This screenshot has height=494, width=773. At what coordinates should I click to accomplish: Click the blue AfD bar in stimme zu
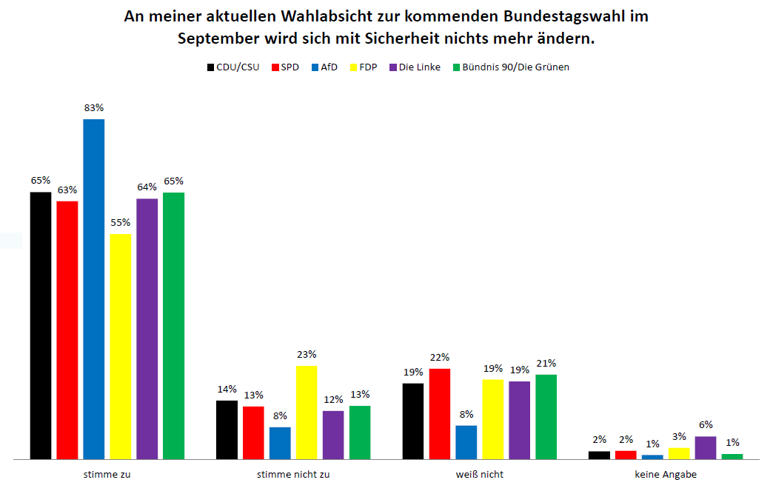[93, 289]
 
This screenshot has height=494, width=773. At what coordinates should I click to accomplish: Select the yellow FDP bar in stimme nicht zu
[307, 412]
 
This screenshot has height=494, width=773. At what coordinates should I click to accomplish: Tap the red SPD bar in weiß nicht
[440, 413]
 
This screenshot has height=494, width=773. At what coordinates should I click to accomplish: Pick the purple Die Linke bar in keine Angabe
[706, 447]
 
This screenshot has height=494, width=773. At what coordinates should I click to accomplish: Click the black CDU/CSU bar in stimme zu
[41, 325]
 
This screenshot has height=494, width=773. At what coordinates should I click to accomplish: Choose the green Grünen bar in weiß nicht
[546, 416]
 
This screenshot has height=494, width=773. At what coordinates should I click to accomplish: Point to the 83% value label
[93, 108]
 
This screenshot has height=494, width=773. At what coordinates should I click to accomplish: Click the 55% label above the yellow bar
[121, 222]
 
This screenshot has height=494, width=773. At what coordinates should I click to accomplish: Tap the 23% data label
[307, 354]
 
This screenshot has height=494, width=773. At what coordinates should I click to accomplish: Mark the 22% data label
[440, 357]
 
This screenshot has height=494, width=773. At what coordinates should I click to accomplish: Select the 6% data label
[706, 424]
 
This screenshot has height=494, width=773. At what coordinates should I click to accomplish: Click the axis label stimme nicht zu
[292, 474]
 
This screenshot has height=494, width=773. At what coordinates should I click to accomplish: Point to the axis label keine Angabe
[666, 474]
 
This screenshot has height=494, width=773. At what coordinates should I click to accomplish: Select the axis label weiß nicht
[479, 474]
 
